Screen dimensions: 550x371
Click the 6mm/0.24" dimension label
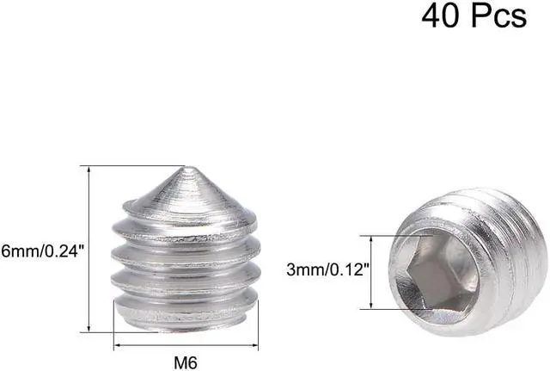[43, 251]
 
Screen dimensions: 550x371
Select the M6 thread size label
[186, 362]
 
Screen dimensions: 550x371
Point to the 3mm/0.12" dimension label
[328, 269]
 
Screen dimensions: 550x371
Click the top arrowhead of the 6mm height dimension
[89, 169]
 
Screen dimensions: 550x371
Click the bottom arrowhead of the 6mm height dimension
[89, 328]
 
